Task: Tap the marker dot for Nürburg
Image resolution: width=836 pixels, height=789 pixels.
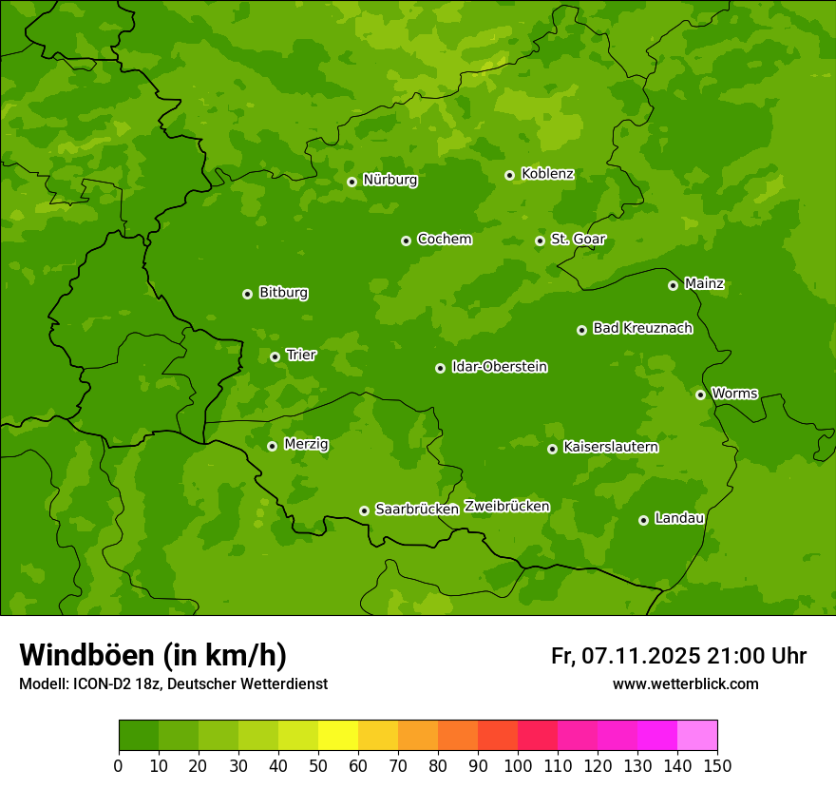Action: coord(351,182)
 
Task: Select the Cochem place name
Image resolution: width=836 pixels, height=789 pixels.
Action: coord(444,239)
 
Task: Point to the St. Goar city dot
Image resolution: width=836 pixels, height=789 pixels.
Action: coord(540,241)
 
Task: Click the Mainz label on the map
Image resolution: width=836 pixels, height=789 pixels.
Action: coord(704,283)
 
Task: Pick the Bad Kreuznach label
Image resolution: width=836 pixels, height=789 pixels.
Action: coord(642,328)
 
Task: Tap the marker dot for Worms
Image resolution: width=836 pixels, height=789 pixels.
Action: coord(700,394)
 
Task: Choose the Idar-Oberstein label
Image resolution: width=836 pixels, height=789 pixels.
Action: coord(499,366)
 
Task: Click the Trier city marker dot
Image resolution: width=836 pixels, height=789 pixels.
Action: coord(275,356)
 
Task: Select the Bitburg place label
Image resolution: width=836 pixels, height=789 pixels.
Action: coord(283,293)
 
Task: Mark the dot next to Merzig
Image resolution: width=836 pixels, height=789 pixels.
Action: coord(272,446)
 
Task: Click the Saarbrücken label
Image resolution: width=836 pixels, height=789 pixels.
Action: coord(417,509)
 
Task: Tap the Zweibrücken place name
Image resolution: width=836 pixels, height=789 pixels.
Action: coord(506,506)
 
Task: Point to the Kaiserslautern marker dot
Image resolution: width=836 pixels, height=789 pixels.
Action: coord(552,449)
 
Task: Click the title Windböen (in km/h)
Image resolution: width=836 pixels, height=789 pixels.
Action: coord(153,655)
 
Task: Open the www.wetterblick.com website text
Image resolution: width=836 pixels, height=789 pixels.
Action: coord(685,683)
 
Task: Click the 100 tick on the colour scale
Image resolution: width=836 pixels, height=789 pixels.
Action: coord(518,764)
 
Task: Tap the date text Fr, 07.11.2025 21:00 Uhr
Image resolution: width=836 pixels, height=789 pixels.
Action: coord(678,656)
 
